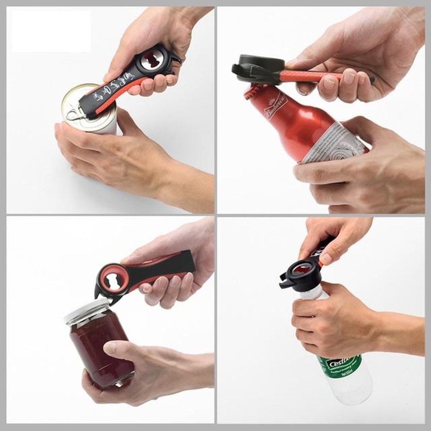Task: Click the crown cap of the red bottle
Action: click(x=254, y=91)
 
